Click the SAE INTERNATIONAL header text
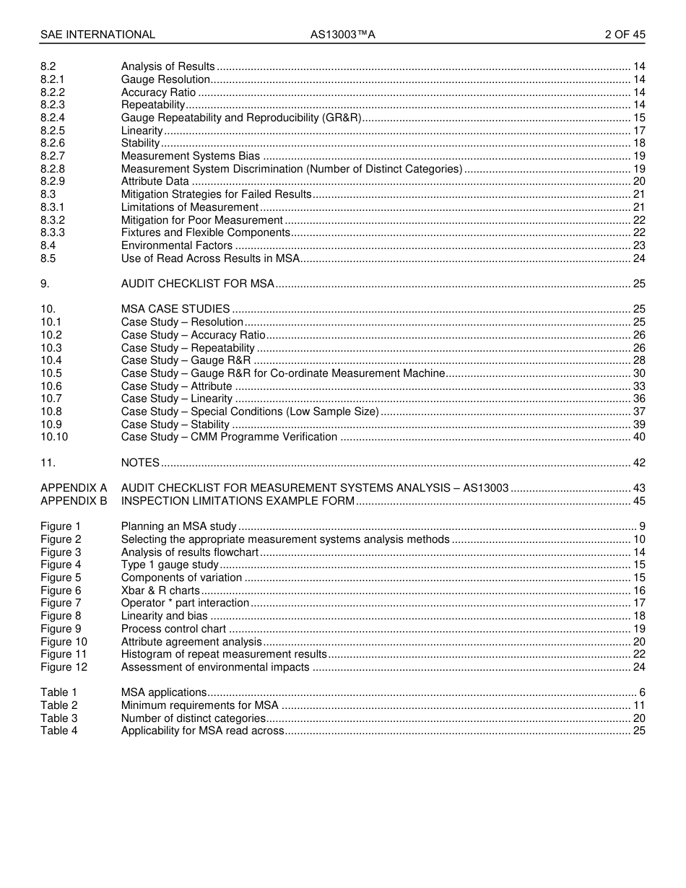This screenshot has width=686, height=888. click(x=97, y=35)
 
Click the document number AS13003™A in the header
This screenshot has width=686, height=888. click(x=343, y=35)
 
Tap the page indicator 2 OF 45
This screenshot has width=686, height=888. click(x=625, y=35)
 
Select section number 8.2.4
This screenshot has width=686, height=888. click(x=53, y=118)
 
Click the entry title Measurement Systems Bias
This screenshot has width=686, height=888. click(x=191, y=156)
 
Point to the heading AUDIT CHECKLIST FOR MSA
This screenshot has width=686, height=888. click(x=198, y=284)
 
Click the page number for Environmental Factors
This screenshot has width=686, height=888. click(x=638, y=245)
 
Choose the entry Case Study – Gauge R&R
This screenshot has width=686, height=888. click(x=186, y=360)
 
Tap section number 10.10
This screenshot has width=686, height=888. click(x=54, y=437)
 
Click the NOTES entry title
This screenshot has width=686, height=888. click(x=140, y=463)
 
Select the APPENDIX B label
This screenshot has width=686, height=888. click(x=74, y=501)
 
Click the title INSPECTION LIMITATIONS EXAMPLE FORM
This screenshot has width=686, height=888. click(x=238, y=501)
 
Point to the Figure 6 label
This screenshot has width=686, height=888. click(x=61, y=591)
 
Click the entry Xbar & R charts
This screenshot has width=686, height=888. click(x=160, y=591)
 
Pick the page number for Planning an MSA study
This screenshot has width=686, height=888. click(x=641, y=526)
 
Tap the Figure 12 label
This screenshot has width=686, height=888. click(x=64, y=667)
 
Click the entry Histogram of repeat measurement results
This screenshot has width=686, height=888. click(x=224, y=654)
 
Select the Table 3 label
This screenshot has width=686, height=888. click(x=58, y=718)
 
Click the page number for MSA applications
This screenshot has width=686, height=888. click(x=641, y=692)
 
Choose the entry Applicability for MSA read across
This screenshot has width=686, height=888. click(x=203, y=731)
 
